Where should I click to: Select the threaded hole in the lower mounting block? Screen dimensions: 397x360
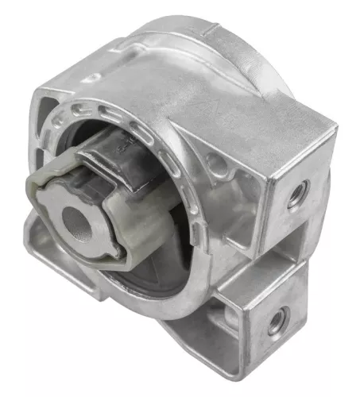click(x=276, y=322)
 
